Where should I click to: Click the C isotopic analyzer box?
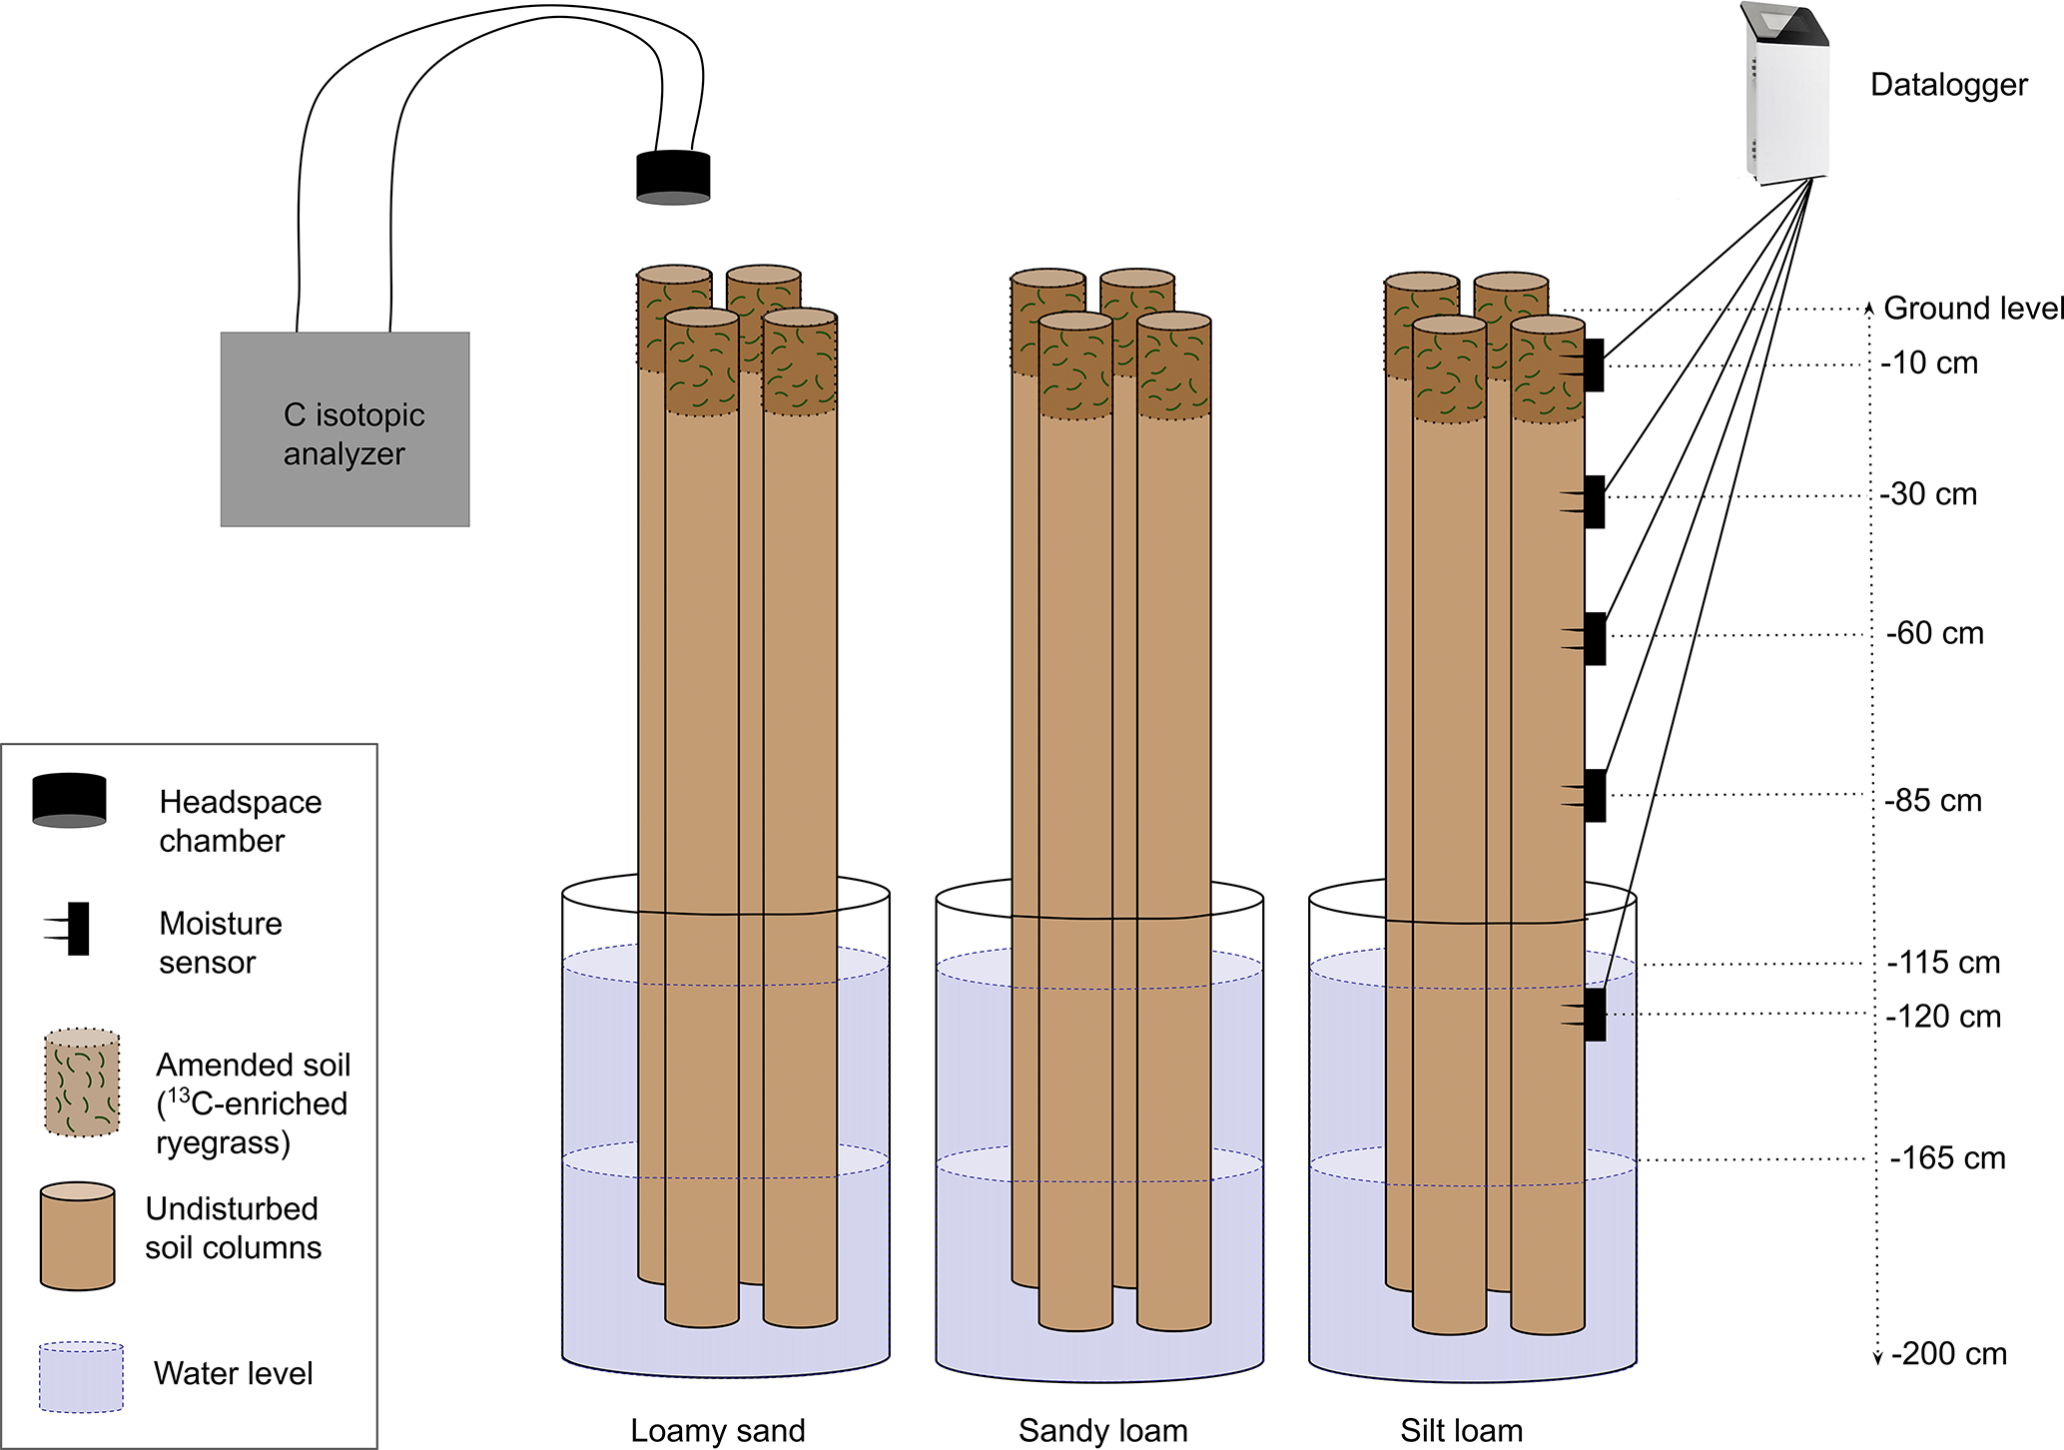pos(344,429)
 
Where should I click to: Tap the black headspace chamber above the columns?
pos(673,178)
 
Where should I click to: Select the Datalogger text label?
pos(1948,85)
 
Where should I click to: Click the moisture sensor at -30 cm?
pos(1593,502)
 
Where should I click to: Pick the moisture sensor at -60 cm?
pos(1594,639)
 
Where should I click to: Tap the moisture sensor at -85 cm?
pos(1594,796)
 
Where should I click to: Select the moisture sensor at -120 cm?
pos(1594,1015)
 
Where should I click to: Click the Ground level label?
pos(1972,309)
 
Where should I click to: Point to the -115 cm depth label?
pos(1943,963)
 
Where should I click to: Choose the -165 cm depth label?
pos(1947,1158)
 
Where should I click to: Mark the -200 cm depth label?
pos(1948,1354)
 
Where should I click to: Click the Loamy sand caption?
pos(717,1430)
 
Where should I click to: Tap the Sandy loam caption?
pos(1102,1430)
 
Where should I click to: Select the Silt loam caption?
pos(1461,1430)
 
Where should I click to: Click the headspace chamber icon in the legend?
pos(69,800)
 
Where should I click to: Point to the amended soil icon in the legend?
pos(82,1084)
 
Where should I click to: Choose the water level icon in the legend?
pos(81,1377)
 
